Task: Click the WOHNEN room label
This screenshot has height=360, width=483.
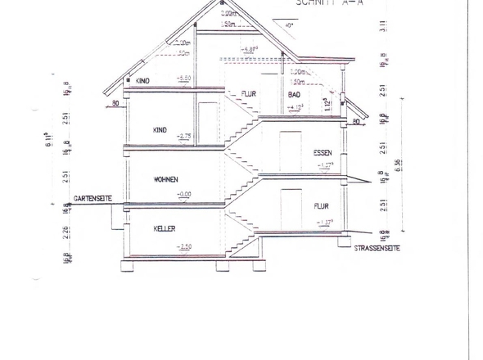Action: coord(165,179)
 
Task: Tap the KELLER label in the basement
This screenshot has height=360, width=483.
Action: coord(165,230)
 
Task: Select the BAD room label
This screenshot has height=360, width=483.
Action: coord(295,95)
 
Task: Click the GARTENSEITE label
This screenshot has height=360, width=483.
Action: coord(93,199)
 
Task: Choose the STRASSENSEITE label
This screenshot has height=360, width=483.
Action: coord(377,248)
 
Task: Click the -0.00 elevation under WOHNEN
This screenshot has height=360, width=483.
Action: coord(185,195)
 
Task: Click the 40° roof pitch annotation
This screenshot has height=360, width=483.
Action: coord(289,25)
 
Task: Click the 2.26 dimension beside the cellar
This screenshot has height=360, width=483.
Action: coord(65,232)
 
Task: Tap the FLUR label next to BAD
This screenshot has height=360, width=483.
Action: coord(248,95)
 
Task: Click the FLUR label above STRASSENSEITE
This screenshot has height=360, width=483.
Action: coord(321,206)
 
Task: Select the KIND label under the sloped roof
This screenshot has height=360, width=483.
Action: coord(143,81)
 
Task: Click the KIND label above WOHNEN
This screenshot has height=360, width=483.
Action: coord(161,130)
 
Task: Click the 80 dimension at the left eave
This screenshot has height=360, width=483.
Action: coord(116,104)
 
